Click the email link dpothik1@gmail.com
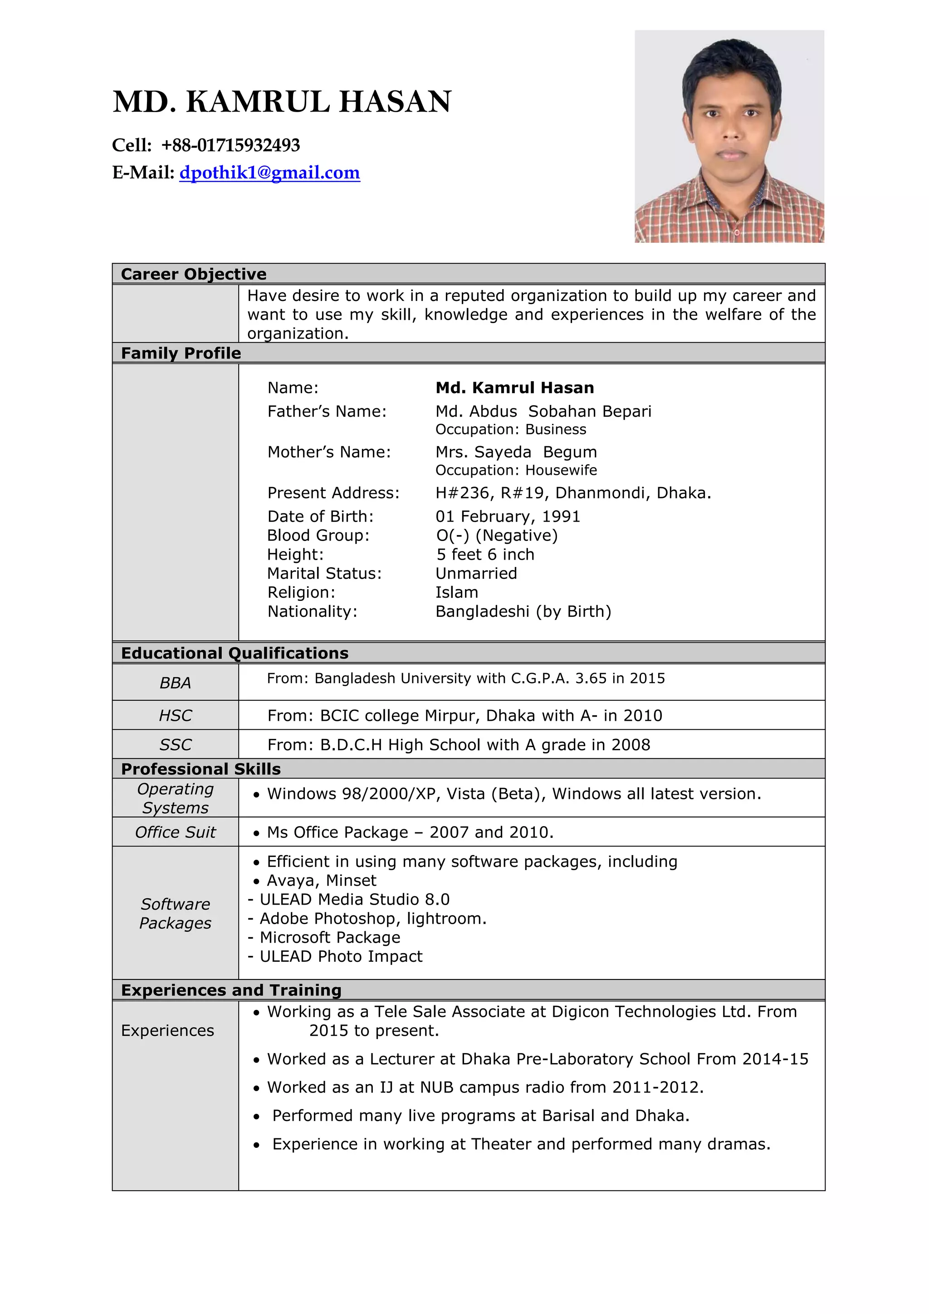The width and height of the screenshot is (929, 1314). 269,173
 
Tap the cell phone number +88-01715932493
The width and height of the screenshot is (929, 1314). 230,145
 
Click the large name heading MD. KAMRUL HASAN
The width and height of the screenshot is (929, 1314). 282,102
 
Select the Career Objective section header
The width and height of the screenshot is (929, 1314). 193,274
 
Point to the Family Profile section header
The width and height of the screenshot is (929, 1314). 181,353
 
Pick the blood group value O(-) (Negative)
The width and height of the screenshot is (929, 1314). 497,535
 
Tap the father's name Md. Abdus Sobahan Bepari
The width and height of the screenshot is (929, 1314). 543,412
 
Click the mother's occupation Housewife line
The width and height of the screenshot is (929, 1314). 516,470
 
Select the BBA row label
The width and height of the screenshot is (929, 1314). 175,683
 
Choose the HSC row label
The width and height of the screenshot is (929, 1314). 175,715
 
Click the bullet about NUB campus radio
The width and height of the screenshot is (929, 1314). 485,1088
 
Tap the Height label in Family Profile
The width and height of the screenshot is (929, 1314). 295,555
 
